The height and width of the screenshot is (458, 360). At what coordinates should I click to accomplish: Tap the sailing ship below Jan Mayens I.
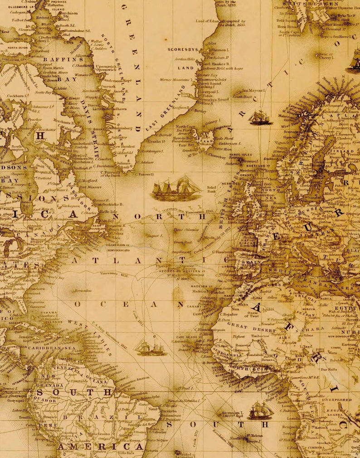tap(260, 117)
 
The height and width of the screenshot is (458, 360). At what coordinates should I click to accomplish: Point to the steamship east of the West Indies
tap(151, 348)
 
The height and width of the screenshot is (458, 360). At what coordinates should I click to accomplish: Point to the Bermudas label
tap(83, 290)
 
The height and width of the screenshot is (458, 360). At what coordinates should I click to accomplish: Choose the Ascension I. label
tap(233, 413)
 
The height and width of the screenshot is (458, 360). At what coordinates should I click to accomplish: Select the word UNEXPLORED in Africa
tap(336, 400)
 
